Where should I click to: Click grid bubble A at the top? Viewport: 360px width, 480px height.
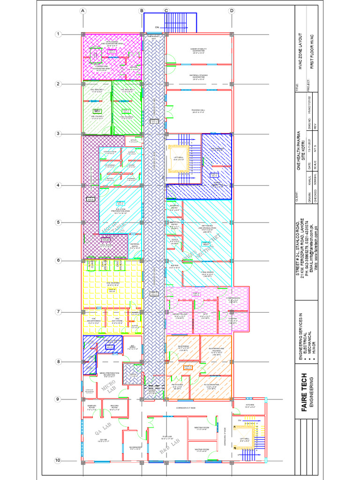coord(82,10)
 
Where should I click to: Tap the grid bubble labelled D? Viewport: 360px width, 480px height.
coord(232,10)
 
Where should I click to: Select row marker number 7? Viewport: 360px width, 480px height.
coord(59,312)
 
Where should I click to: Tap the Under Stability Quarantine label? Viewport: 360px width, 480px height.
coord(199,50)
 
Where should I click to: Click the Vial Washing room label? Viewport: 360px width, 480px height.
coord(112,284)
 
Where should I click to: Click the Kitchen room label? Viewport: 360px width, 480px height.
coord(250,406)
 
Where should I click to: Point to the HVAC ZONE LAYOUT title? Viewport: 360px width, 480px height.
coord(301,51)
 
